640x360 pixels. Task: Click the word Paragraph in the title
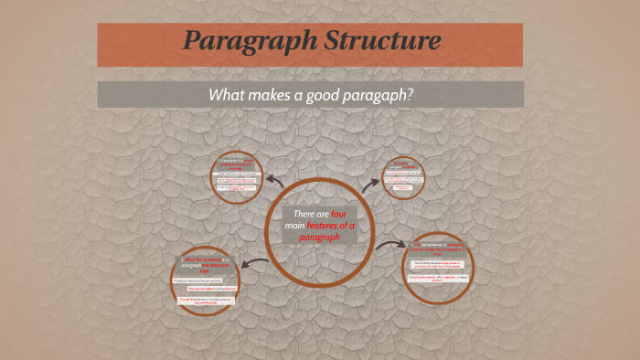(240, 42)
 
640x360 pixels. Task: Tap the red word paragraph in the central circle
(319, 237)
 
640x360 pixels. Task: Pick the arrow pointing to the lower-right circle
(391, 244)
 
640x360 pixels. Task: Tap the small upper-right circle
(403, 176)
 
